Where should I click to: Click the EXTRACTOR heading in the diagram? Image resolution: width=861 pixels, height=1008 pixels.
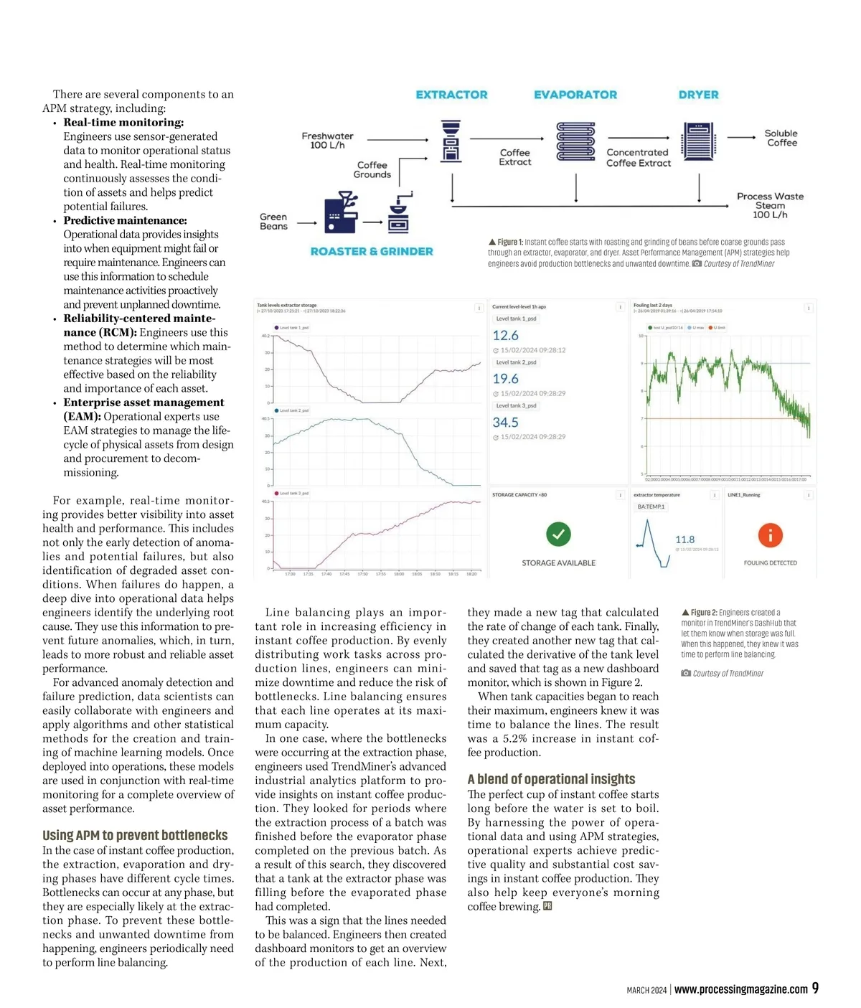(451, 95)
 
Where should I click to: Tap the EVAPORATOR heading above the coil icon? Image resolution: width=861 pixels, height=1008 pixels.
(575, 95)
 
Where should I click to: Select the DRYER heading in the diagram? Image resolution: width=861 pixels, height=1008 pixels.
(698, 95)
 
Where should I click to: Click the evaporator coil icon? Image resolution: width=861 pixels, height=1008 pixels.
(575, 141)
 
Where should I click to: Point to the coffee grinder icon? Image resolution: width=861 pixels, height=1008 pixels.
(400, 213)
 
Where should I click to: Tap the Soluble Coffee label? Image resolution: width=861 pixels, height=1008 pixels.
(781, 138)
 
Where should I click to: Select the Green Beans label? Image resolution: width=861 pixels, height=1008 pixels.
(273, 221)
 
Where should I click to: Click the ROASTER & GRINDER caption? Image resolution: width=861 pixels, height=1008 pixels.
(372, 251)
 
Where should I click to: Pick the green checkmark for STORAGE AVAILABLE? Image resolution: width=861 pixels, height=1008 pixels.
(558, 534)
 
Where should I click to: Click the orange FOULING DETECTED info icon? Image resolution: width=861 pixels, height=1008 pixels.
(770, 535)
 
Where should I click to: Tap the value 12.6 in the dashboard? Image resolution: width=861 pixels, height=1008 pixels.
(505, 335)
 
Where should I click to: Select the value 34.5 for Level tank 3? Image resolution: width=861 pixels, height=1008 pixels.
(505, 423)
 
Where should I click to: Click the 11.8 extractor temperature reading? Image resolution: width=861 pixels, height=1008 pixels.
(684, 540)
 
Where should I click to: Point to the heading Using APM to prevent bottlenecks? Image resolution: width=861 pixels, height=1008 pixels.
(135, 835)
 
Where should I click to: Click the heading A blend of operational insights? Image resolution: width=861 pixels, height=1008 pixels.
(551, 779)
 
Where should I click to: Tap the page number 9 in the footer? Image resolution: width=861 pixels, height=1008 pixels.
(815, 989)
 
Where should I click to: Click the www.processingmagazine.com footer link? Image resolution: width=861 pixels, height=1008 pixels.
(741, 989)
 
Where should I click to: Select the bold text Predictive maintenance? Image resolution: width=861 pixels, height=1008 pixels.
(125, 220)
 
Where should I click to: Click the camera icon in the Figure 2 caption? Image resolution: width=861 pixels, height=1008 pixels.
(686, 673)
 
